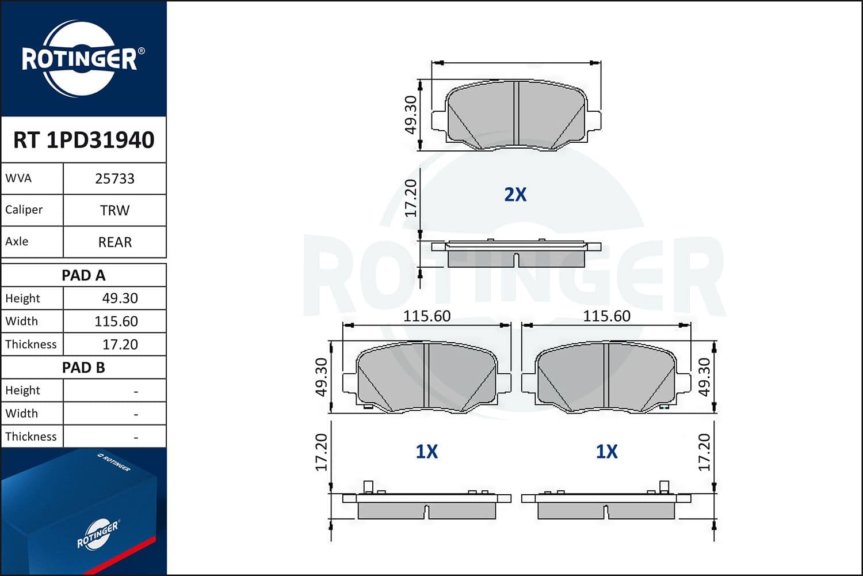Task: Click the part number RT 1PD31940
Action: tap(83, 140)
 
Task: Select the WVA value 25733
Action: tap(114, 179)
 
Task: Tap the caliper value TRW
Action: tap(114, 210)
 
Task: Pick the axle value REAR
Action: tap(114, 242)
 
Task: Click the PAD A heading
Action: tap(83, 275)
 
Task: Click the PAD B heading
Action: tap(83, 367)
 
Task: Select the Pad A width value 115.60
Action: tap(116, 321)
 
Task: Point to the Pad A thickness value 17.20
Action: tap(120, 344)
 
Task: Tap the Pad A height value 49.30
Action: tap(120, 298)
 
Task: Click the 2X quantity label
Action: tap(515, 195)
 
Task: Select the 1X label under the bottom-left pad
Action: tap(426, 452)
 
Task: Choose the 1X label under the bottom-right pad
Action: tap(606, 452)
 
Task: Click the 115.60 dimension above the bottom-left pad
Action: tap(426, 316)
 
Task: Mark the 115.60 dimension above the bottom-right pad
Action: tap(606, 316)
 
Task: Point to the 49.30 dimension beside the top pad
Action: tap(410, 115)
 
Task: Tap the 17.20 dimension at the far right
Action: tap(704, 452)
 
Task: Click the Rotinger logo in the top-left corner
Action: tap(81, 59)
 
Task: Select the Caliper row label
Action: tap(24, 210)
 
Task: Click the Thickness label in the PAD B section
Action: tap(31, 437)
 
